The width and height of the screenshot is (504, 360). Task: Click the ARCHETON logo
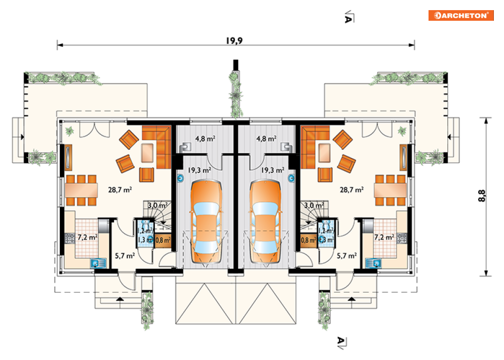tap(460, 15)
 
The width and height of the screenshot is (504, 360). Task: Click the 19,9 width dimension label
tap(234, 41)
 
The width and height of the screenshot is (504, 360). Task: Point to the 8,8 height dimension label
tap(482, 195)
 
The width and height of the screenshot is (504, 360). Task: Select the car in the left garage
tap(206, 222)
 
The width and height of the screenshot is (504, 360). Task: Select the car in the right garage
tap(265, 222)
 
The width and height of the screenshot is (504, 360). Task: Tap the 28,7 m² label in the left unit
tap(120, 190)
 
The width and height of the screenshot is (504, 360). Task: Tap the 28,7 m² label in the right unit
tap(352, 190)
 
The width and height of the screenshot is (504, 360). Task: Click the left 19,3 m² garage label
tap(200, 170)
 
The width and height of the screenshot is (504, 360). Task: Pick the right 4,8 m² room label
tap(266, 139)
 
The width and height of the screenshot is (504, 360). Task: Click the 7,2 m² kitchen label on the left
tap(88, 237)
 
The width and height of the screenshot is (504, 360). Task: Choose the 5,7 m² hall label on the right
tap(347, 256)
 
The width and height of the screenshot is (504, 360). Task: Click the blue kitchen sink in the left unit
tap(98, 263)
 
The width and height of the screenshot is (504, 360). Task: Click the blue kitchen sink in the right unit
tap(373, 263)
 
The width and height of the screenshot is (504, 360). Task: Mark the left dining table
tap(82, 190)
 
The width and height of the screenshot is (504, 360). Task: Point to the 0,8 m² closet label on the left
tap(163, 240)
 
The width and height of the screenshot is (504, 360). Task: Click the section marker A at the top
tap(348, 17)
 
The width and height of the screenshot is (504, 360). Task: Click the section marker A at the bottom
tap(342, 343)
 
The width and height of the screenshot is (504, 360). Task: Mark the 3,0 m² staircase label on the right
tap(314, 205)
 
